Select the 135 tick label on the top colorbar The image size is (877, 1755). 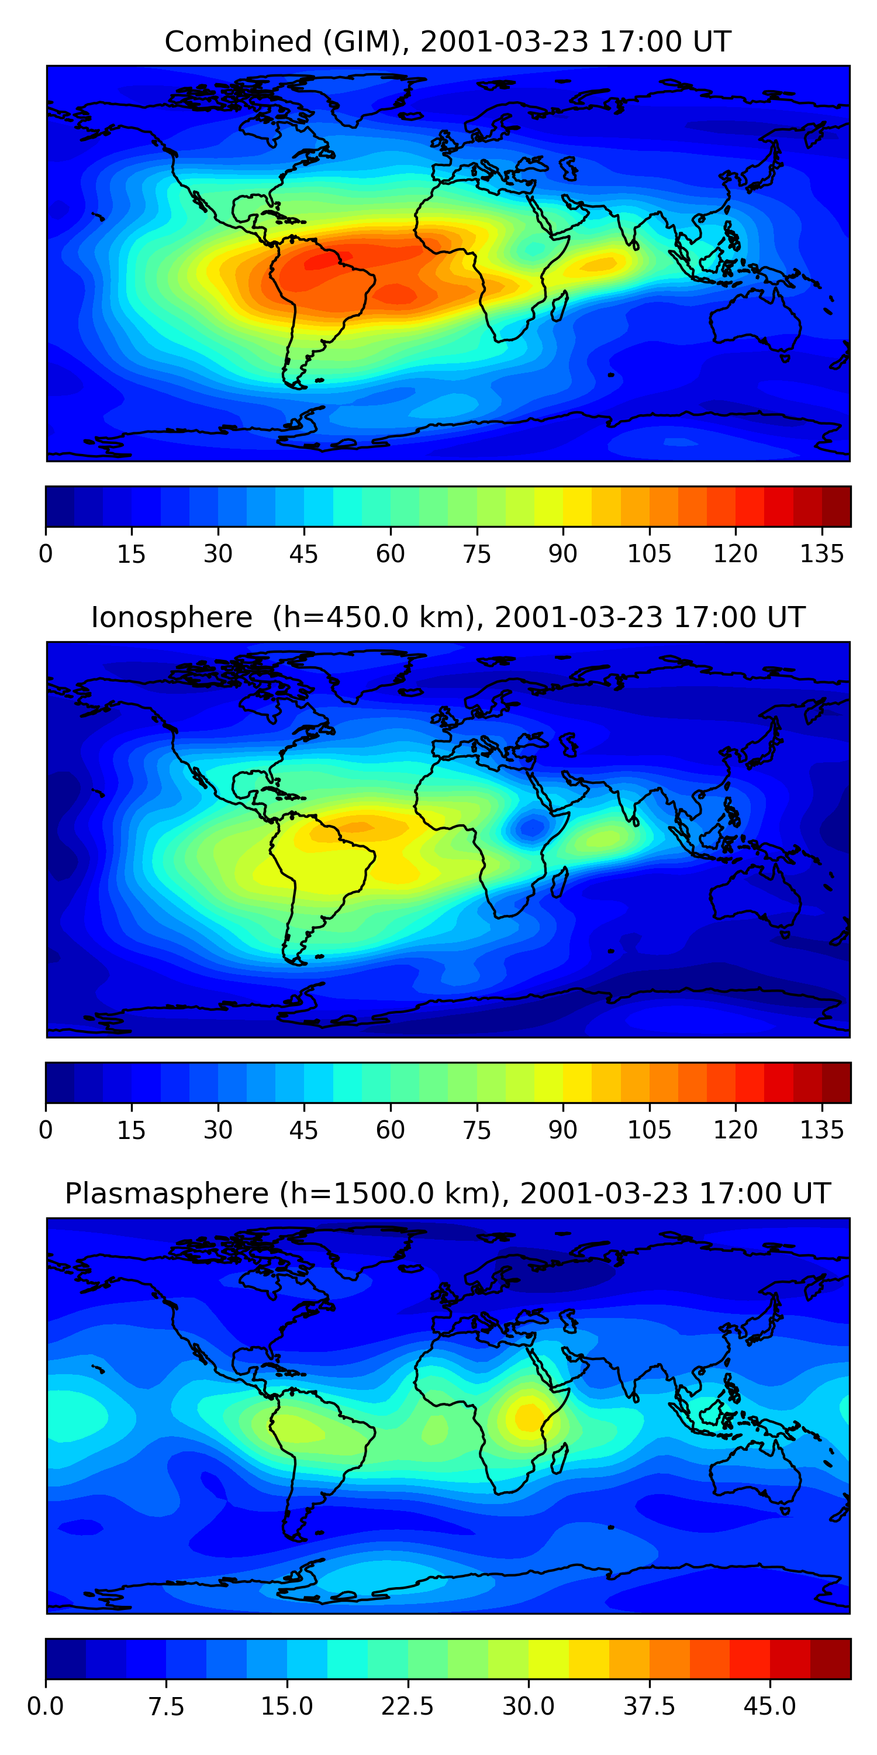pos(822,554)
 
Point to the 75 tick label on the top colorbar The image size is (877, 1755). pos(477,554)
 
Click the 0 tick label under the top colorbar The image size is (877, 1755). pos(46,554)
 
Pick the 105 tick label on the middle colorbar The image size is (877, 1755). pos(649,1130)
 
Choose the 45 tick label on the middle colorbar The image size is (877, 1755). pos(303,1130)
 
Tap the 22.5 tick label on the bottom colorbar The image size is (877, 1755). pos(407,1706)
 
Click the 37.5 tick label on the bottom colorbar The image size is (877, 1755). pos(649,1706)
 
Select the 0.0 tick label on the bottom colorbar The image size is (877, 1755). pos(46,1706)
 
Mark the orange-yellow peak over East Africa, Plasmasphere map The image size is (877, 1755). pos(528,1416)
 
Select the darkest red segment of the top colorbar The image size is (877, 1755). pos(836,506)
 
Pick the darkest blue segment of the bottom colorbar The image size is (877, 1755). pos(65,1658)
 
